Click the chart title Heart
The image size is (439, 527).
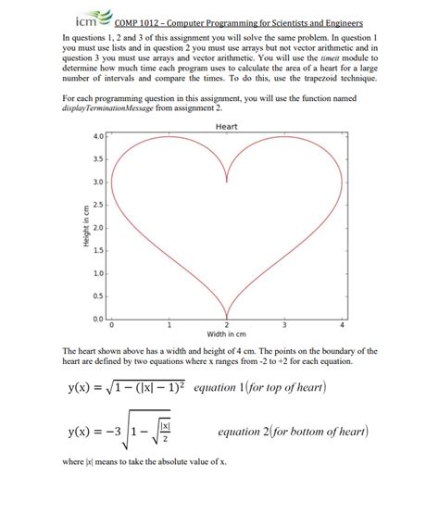tap(227, 126)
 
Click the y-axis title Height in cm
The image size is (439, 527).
tap(85, 227)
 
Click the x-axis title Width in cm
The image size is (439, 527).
tap(227, 333)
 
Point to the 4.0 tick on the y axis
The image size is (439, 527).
tap(99, 136)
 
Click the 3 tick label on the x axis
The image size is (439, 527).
tap(284, 325)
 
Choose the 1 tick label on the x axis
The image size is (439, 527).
tap(169, 325)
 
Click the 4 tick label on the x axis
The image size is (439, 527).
tap(342, 325)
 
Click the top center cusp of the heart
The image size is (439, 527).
tap(227, 182)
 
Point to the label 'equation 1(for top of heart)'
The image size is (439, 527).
tap(259, 387)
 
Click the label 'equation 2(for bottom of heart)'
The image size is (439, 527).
tap(293, 432)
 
